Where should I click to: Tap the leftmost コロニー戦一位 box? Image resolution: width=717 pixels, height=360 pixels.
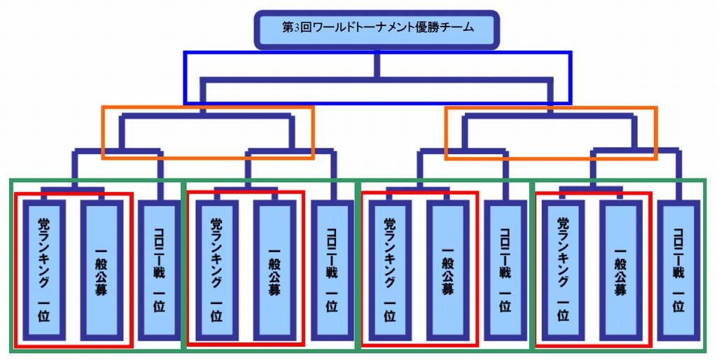160,270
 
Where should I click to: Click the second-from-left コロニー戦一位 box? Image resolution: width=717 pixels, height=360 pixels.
332,270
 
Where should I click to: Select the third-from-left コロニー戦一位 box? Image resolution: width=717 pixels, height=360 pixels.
505,270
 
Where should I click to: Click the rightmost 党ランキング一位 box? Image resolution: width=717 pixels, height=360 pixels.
562,270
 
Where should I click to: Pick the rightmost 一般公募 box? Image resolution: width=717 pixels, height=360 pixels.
620,270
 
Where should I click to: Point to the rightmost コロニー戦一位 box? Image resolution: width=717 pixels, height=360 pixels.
678,270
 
